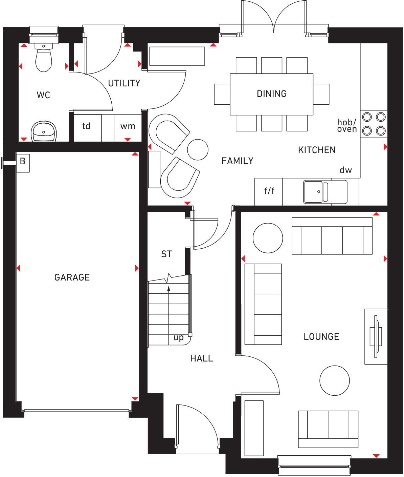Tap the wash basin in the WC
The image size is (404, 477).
pyautogui.click(x=43, y=131)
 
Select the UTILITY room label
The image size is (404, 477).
pyautogui.click(x=124, y=83)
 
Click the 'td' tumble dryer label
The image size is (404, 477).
pyautogui.click(x=87, y=126)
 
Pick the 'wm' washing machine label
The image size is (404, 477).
pyautogui.click(x=128, y=126)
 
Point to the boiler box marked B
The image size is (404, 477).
pyautogui.click(x=23, y=161)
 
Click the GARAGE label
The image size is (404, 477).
pyautogui.click(x=72, y=277)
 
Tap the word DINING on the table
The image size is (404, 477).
pyautogui.click(x=271, y=94)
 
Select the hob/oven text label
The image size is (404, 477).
pyautogui.click(x=347, y=125)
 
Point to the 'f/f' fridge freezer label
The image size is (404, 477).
pyautogui.click(x=269, y=191)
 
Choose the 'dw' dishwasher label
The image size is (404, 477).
pyautogui.click(x=346, y=170)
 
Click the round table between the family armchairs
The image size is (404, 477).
pyautogui.click(x=198, y=149)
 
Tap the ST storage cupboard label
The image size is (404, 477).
pyautogui.click(x=166, y=254)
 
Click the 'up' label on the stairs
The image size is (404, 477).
pyautogui.click(x=178, y=338)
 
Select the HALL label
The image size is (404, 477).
pyautogui.click(x=201, y=358)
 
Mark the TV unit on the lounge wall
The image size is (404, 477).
pyautogui.click(x=376, y=336)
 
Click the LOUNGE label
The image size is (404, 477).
pyautogui.click(x=321, y=336)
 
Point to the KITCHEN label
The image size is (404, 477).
pyautogui.click(x=317, y=150)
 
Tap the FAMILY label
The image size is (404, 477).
pyautogui.click(x=237, y=161)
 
